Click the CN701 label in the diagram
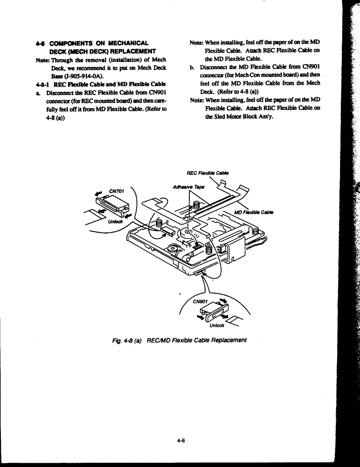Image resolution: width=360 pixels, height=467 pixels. (116, 191)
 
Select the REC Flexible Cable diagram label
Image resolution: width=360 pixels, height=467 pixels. (208, 173)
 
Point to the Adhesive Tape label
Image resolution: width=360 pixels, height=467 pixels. (188, 187)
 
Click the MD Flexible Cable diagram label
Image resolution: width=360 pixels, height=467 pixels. (254, 212)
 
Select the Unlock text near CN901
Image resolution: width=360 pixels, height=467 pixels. (217, 325)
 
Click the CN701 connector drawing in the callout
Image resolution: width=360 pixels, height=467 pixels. (112, 206)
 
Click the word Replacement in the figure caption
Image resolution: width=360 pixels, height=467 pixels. (229, 340)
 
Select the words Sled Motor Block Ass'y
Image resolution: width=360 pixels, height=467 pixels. (243, 116)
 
